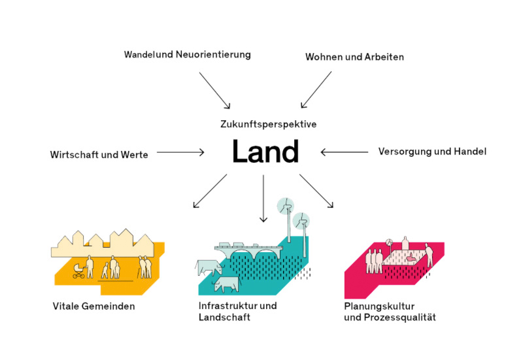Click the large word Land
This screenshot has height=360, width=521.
click(x=265, y=151)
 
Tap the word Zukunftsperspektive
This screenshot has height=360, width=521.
click(x=269, y=124)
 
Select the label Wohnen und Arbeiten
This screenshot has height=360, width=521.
click(x=354, y=57)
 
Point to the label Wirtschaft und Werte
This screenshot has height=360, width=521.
click(x=99, y=154)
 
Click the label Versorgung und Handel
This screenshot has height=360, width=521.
click(x=432, y=152)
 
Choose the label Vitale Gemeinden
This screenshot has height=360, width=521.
click(x=93, y=306)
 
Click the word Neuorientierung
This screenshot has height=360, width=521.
click(x=213, y=54)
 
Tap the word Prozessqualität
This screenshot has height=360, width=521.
click(x=399, y=317)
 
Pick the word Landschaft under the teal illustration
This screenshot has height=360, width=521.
click(x=224, y=317)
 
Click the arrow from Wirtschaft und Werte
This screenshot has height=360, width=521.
click(x=180, y=152)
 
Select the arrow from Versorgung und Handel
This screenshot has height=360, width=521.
click(x=345, y=152)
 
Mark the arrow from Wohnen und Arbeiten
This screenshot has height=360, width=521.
click(x=316, y=90)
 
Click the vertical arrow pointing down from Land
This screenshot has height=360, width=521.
click(x=263, y=198)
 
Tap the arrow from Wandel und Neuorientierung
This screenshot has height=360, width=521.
click(x=214, y=91)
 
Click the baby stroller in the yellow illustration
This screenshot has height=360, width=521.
click(x=78, y=271)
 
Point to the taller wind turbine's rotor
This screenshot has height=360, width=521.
click(x=286, y=206)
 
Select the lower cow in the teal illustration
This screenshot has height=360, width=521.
click(x=226, y=285)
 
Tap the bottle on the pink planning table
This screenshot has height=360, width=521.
click(x=405, y=244)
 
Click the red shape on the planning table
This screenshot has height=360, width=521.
click(x=411, y=257)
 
